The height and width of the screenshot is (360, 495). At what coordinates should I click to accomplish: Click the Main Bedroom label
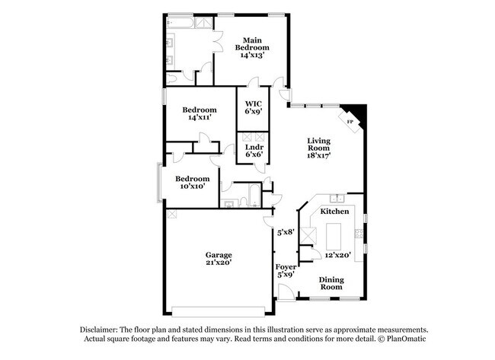(x=252, y=44)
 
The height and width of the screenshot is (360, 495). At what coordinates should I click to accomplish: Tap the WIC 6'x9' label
(x=254, y=107)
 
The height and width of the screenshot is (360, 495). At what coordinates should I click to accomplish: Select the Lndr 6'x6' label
(x=254, y=151)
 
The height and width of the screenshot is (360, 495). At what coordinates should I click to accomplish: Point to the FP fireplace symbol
(x=350, y=122)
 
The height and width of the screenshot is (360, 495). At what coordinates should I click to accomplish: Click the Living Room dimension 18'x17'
(x=318, y=155)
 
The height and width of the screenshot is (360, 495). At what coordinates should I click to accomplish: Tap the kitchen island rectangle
(x=334, y=236)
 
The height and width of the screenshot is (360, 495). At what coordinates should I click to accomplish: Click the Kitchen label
(x=334, y=211)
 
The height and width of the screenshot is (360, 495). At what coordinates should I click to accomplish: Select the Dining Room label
(x=331, y=283)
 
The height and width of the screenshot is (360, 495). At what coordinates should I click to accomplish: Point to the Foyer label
(x=286, y=267)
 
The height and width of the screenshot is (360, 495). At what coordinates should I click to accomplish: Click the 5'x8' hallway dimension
(x=286, y=233)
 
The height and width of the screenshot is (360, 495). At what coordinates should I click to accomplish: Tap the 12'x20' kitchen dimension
(x=338, y=255)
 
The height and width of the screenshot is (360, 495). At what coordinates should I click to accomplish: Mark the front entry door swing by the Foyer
(x=286, y=292)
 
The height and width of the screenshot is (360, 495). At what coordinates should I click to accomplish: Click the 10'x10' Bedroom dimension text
(x=193, y=186)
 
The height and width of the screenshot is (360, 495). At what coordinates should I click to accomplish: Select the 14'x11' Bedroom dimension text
(x=200, y=117)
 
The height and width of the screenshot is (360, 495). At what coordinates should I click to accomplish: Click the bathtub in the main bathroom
(x=180, y=23)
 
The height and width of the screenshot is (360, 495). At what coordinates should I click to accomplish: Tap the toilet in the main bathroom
(x=171, y=79)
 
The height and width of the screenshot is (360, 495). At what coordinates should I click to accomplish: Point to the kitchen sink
(x=337, y=199)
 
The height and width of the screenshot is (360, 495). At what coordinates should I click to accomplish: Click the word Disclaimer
(x=99, y=330)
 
